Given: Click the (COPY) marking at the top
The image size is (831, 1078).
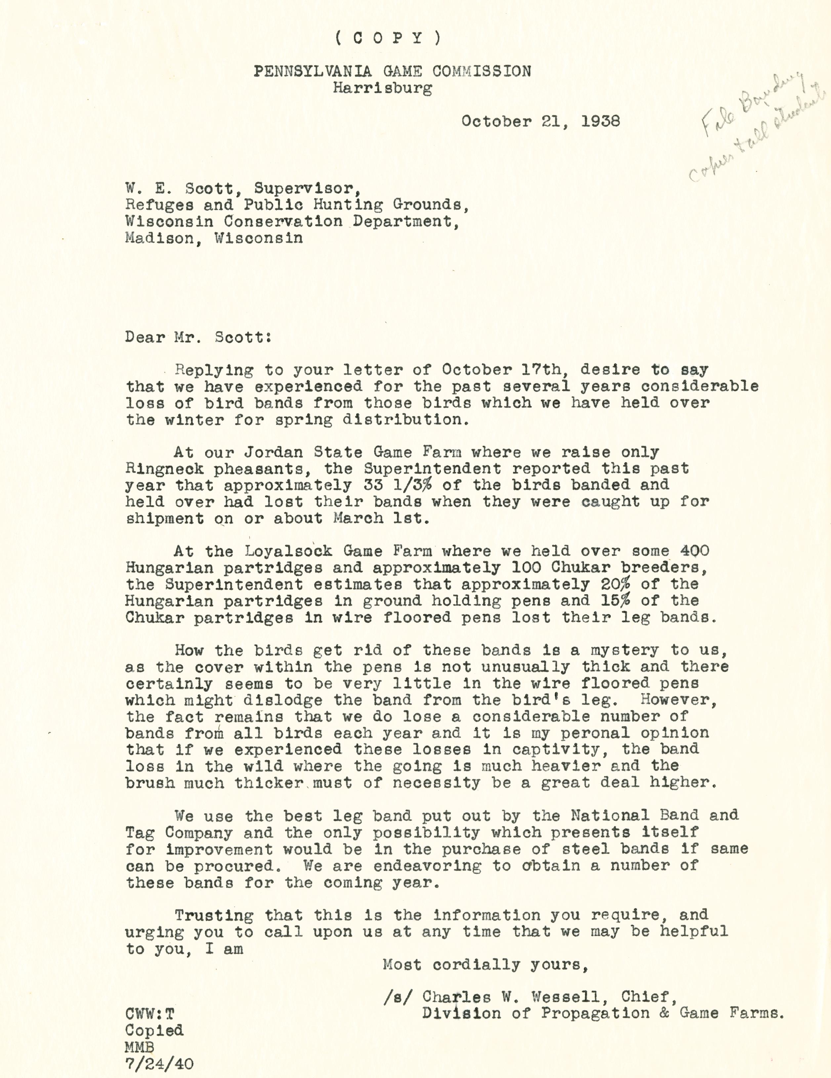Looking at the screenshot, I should tap(388, 38).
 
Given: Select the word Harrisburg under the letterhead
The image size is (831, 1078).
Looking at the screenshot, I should tap(382, 88).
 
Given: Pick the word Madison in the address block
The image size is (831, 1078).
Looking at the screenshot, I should tap(159, 238).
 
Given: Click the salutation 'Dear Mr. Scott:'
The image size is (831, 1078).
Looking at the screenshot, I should tap(197, 337).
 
